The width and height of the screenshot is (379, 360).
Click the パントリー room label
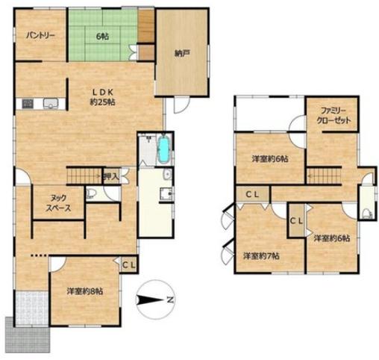click(40, 36)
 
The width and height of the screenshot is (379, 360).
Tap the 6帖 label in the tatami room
click(102, 37)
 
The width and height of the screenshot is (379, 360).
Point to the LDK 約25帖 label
click(103, 97)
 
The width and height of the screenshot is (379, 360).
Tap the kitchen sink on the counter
click(51, 103)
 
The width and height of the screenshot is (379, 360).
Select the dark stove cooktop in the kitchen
click(28, 104)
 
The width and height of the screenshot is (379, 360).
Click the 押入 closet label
click(111, 176)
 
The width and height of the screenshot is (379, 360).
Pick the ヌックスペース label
click(58, 203)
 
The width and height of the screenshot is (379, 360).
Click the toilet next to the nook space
click(90, 193)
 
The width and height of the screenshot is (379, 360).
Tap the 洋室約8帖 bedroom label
click(84, 291)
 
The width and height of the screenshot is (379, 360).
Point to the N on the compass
click(170, 300)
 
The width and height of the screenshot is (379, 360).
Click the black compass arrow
click(150, 300)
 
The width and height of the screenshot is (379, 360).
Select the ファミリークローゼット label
click(333, 115)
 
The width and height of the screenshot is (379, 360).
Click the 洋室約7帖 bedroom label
click(261, 256)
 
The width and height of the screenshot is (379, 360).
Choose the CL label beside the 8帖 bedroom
click(129, 265)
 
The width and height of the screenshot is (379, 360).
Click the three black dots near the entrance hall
click(39, 255)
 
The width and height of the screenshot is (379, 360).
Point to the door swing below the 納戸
click(181, 105)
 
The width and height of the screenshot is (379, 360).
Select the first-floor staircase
click(84, 176)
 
